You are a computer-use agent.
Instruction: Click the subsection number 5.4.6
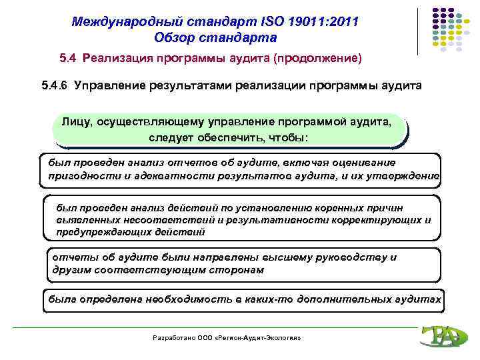coord(55,86)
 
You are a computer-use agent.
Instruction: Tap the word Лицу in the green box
coord(77,123)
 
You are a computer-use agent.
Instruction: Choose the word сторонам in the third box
coord(235,270)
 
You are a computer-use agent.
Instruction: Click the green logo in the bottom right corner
coord(439,337)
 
